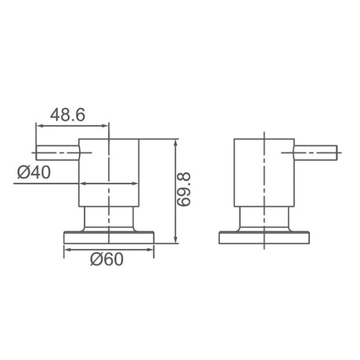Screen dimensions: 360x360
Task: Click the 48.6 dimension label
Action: tap(69, 113)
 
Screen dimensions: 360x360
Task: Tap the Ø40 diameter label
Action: tap(33, 171)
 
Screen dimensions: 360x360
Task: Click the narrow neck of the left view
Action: tap(110, 218)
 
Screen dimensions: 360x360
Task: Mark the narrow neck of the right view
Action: tap(265, 218)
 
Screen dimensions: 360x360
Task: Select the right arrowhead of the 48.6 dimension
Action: tap(106, 125)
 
